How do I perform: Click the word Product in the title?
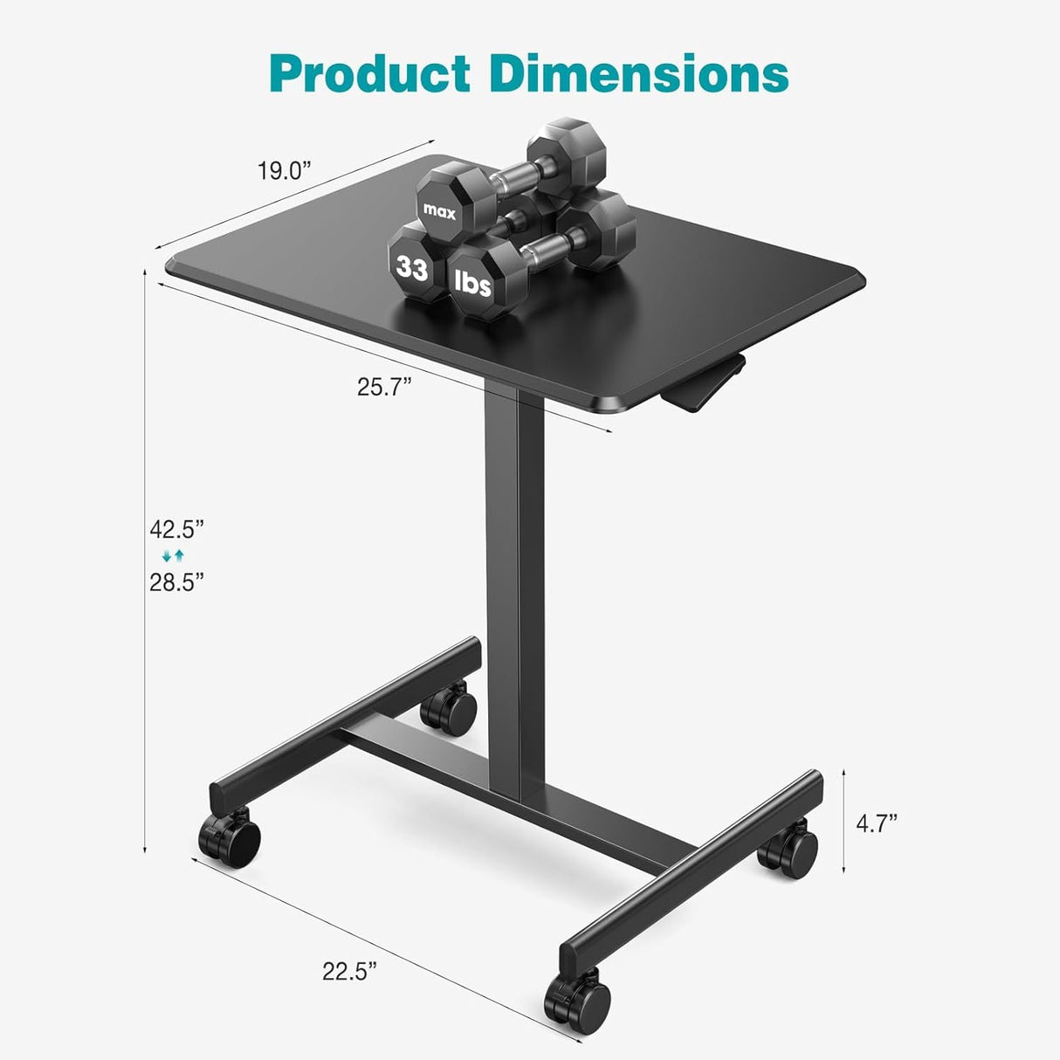370,73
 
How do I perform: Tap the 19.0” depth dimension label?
284,170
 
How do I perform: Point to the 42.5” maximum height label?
176,529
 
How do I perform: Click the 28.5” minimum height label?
176,582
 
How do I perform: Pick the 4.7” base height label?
876,823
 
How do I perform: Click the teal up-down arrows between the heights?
174,555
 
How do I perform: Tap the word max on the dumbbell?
439,210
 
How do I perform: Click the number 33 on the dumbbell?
411,267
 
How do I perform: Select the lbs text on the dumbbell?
472,283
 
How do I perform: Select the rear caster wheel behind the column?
449,710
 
